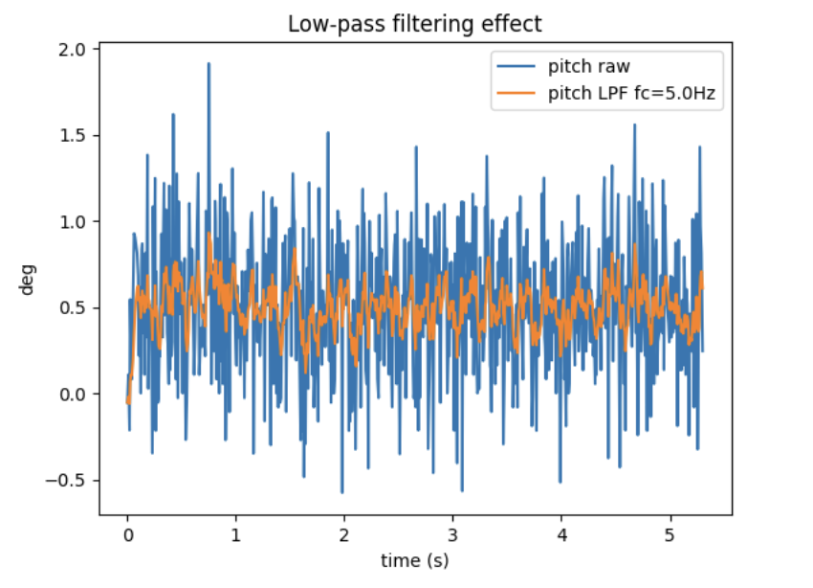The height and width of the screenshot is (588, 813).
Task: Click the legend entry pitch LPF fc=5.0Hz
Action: [x=632, y=94]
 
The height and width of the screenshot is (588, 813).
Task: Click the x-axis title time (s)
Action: [x=415, y=559]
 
